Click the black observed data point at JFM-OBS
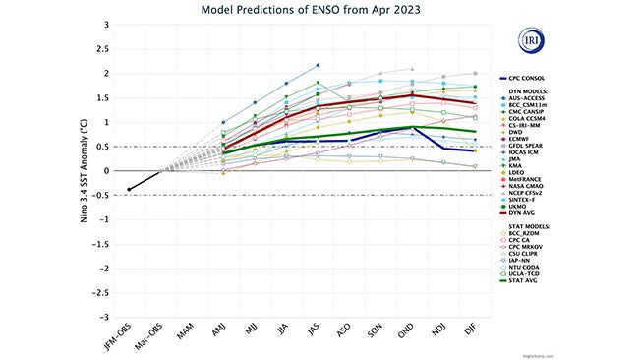(129, 190)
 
